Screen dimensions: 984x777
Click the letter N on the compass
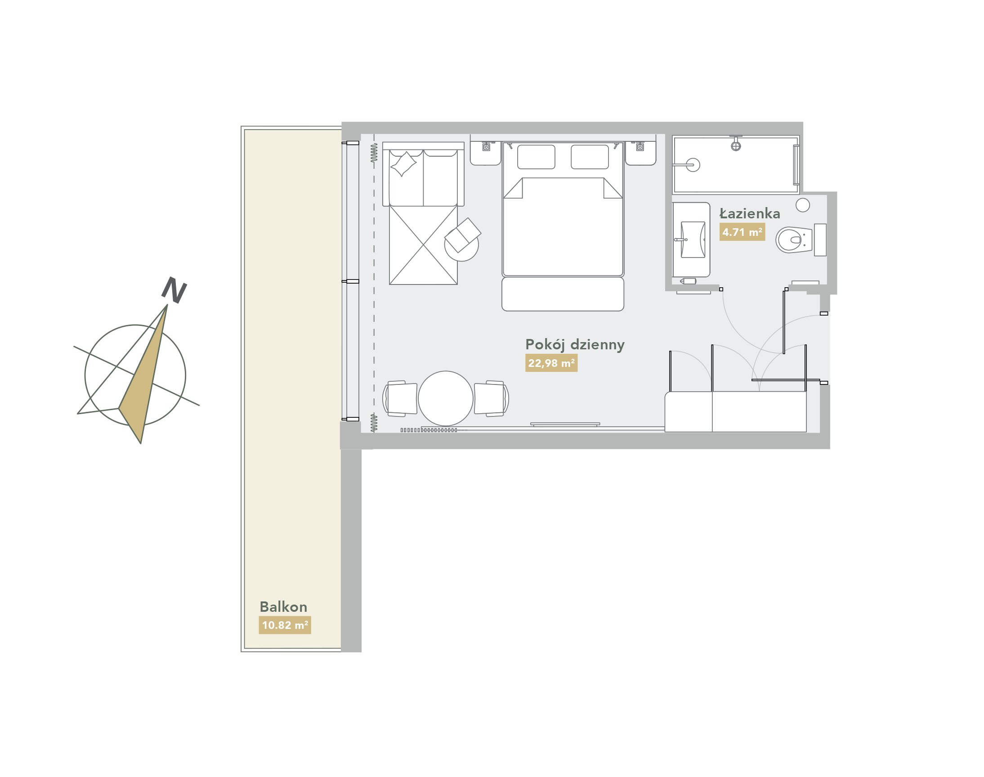[x=174, y=290]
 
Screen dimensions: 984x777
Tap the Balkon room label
[x=283, y=607]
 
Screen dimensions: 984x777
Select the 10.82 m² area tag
[x=285, y=625]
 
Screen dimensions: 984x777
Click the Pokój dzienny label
[x=574, y=345]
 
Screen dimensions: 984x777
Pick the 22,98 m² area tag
[x=551, y=363]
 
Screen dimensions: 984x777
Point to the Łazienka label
[x=750, y=213]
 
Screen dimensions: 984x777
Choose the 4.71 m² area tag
[x=742, y=232]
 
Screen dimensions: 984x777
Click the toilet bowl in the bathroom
[x=794, y=240]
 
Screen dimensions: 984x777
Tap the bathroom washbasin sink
[x=693, y=240]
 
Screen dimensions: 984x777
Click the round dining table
[x=445, y=398]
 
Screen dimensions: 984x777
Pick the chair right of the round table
[x=491, y=398]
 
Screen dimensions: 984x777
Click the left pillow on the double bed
[x=537, y=157]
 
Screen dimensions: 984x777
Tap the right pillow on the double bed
[x=590, y=157]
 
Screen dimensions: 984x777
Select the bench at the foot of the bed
[x=563, y=294]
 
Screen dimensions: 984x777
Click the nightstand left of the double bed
[x=485, y=154]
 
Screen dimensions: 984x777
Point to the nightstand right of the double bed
[x=640, y=154]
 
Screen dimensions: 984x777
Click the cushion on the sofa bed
[x=403, y=164]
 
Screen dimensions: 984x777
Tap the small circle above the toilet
[x=803, y=205]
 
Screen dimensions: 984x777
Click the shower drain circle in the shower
[x=693, y=165]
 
